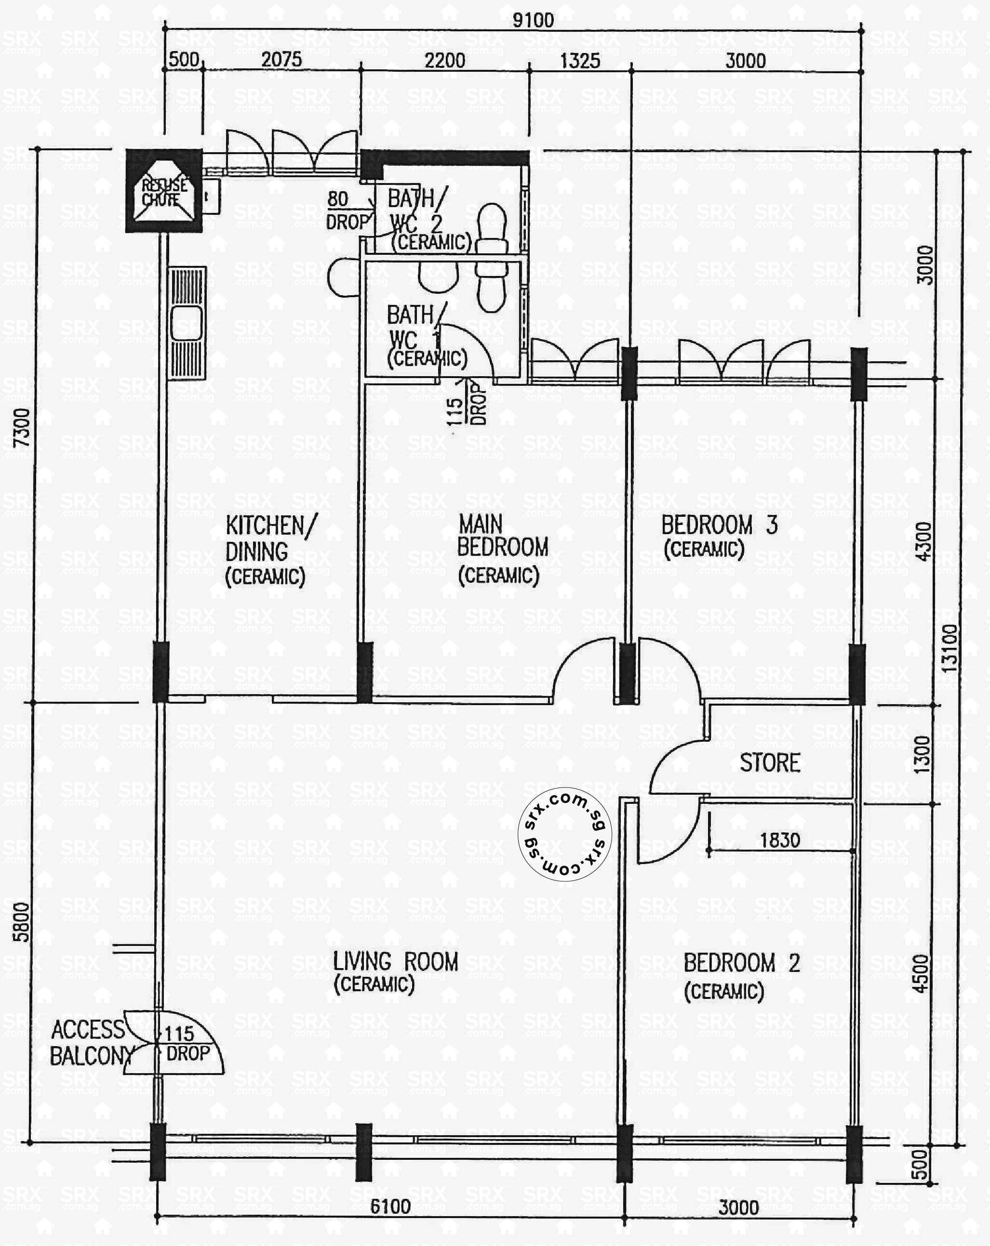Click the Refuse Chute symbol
click(x=164, y=191)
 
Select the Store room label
click(x=770, y=763)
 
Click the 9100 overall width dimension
click(x=533, y=20)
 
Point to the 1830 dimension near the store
click(x=779, y=840)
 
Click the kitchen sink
click(x=187, y=324)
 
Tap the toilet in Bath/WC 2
click(x=492, y=226)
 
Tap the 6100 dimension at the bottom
click(x=390, y=1207)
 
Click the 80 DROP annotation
click(x=347, y=210)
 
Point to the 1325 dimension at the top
click(x=580, y=61)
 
